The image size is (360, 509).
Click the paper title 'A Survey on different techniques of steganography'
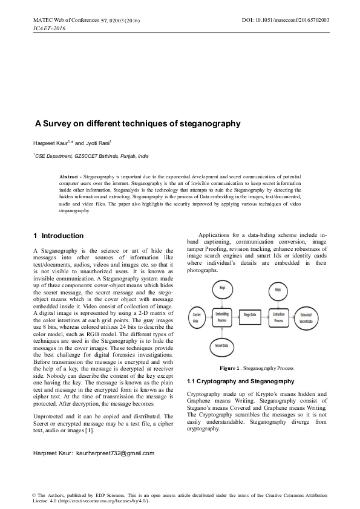point(137,124)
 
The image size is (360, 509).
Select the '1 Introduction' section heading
point(58,235)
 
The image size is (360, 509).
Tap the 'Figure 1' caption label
point(232,368)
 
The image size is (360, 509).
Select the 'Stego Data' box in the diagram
point(250,315)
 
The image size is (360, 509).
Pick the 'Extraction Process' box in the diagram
point(278,317)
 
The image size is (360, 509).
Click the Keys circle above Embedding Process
point(222,290)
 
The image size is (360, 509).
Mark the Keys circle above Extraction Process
point(278,290)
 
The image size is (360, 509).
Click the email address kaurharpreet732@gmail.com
point(116,453)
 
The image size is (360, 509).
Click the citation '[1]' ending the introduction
point(89,430)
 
